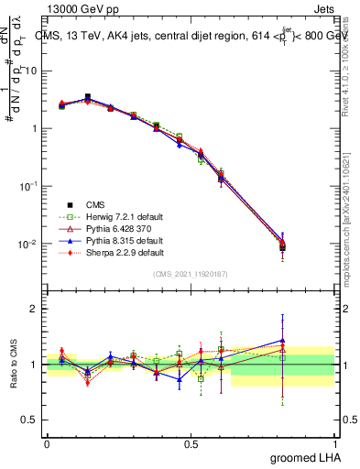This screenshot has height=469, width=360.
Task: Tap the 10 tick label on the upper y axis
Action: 33,71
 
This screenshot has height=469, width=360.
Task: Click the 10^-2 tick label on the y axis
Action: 31,244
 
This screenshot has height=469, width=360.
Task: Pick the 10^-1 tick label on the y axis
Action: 31,186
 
